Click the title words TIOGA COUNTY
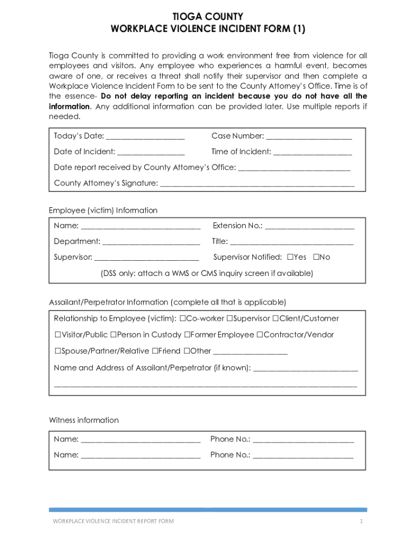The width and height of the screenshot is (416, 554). pyautogui.click(x=207, y=17)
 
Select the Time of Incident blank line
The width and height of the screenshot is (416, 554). pyautogui.click(x=312, y=152)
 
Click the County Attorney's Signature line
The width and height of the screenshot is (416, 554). pyautogui.click(x=257, y=184)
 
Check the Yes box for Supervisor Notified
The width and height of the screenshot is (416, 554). pyautogui.click(x=290, y=257)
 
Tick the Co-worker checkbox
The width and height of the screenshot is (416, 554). pyautogui.click(x=183, y=319)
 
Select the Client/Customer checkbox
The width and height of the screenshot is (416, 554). pyautogui.click(x=276, y=319)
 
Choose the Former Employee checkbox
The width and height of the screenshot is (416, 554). pyautogui.click(x=187, y=335)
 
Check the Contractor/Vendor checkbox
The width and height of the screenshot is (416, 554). pyautogui.click(x=259, y=335)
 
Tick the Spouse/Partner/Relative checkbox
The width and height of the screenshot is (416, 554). pyautogui.click(x=57, y=351)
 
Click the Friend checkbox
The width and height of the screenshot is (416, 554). pyautogui.click(x=155, y=351)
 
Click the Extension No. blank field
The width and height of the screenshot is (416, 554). pyautogui.click(x=310, y=226)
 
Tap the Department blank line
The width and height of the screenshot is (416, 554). pyautogui.click(x=151, y=242)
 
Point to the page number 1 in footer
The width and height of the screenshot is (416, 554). pyautogui.click(x=361, y=521)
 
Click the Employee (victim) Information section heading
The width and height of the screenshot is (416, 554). pyautogui.click(x=103, y=210)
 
